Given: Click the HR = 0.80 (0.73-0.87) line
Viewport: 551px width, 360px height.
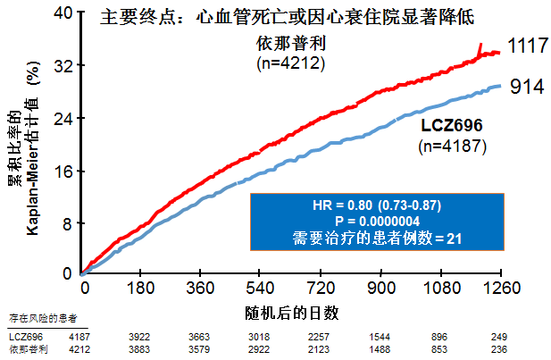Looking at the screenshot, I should pyautogui.click(x=376, y=205).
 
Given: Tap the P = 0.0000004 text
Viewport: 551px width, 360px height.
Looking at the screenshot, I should pyautogui.click(x=376, y=222).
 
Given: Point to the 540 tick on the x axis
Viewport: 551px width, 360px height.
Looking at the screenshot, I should pyautogui.click(x=259, y=288).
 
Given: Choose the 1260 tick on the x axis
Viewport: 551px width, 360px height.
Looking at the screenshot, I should pyautogui.click(x=499, y=288).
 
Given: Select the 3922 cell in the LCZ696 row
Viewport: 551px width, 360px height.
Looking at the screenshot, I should pyautogui.click(x=140, y=337).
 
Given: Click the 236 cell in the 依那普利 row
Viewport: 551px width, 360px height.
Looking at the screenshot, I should pyautogui.click(x=499, y=348).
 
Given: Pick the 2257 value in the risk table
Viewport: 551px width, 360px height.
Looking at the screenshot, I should pyautogui.click(x=320, y=337).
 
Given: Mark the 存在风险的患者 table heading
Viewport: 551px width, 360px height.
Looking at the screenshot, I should pyautogui.click(x=42, y=319).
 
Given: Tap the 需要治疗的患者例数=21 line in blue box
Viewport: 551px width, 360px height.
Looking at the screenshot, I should pyautogui.click(x=376, y=239).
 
